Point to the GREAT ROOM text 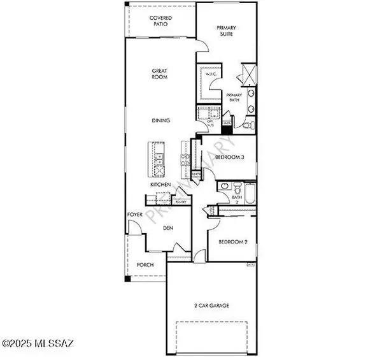(x=159, y=74)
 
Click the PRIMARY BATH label (x=236, y=99)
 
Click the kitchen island (x=157, y=160)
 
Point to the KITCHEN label (x=160, y=185)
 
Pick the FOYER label (x=134, y=215)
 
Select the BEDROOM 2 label (x=232, y=243)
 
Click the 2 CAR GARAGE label (x=211, y=305)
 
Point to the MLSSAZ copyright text (x=38, y=344)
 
